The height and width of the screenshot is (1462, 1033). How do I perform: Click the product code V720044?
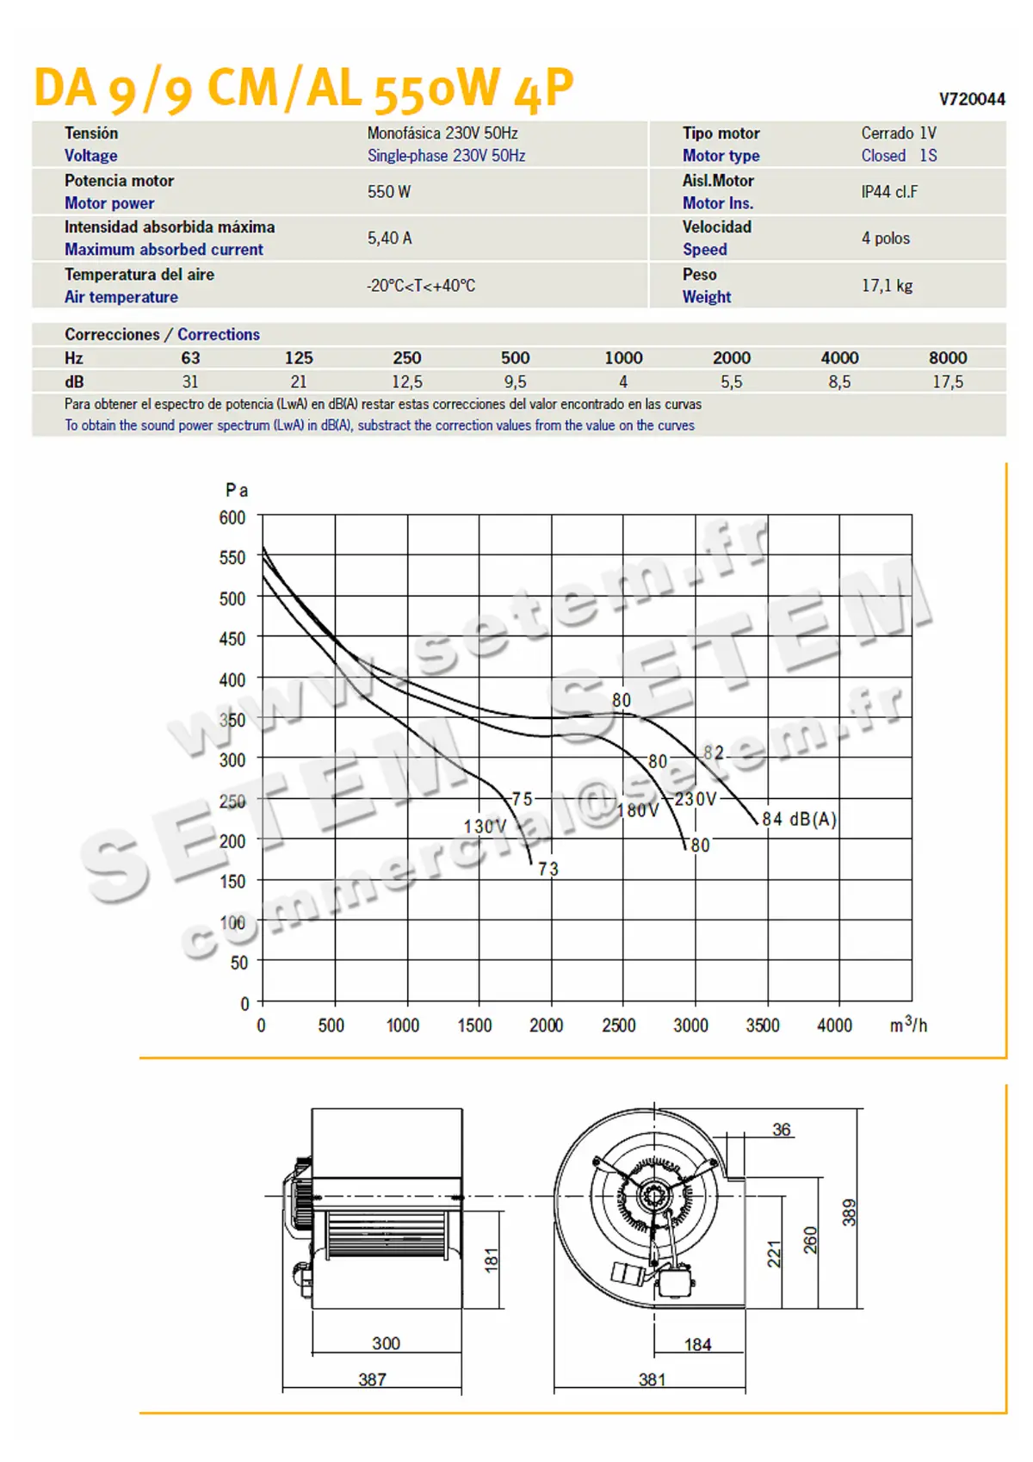(971, 99)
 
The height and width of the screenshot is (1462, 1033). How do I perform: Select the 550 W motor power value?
(389, 192)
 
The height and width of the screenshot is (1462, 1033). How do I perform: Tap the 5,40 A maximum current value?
(390, 239)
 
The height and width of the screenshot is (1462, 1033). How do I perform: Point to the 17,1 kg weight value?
(887, 286)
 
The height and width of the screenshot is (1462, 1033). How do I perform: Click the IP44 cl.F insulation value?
(889, 192)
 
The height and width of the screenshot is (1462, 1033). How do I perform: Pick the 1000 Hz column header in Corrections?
(623, 358)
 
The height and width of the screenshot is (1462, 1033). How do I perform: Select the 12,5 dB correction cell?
(407, 382)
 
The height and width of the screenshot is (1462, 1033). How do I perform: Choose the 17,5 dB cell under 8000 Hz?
(948, 382)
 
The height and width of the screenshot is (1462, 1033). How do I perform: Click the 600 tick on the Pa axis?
(232, 517)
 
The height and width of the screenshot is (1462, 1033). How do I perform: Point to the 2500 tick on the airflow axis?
(619, 1025)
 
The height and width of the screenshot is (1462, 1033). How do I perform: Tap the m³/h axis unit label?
(908, 1025)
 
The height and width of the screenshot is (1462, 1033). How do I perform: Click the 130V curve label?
(485, 827)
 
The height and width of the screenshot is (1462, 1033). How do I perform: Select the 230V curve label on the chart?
(695, 799)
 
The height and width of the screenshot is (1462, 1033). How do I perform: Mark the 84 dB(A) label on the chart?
(799, 819)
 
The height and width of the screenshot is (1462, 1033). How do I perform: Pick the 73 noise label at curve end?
(548, 870)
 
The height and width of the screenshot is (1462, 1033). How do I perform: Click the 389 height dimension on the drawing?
(849, 1212)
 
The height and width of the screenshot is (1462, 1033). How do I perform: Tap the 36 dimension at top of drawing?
(781, 1130)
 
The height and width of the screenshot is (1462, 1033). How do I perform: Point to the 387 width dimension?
(372, 1379)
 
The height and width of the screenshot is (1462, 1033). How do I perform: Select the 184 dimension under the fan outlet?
(697, 1345)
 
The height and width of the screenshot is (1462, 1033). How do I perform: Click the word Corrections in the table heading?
(219, 334)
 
